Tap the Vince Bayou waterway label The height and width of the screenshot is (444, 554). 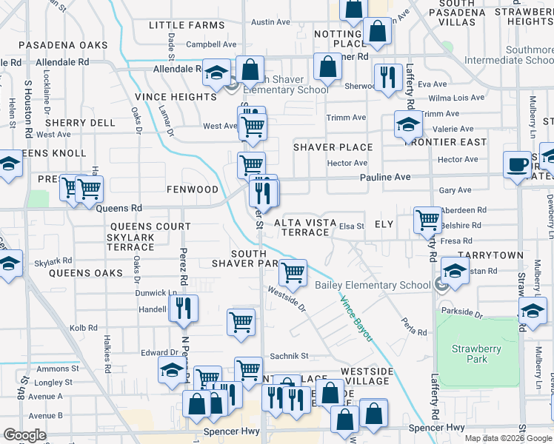pyautogui.click(x=356, y=318)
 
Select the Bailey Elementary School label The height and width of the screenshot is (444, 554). pyautogui.click(x=373, y=286)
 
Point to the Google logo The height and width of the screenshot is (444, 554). pyautogui.click(x=24, y=434)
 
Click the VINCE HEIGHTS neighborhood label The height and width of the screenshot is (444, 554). pyautogui.click(x=176, y=97)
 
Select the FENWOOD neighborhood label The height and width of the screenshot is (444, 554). pyautogui.click(x=192, y=189)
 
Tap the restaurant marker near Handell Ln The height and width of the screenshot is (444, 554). pyautogui.click(x=183, y=308)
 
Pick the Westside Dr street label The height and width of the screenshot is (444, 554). pyautogui.click(x=287, y=299)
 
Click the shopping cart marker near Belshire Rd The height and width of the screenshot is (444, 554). pyautogui.click(x=427, y=219)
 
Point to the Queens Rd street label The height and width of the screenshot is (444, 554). pyautogui.click(x=119, y=209)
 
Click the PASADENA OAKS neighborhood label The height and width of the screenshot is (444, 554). pyautogui.click(x=63, y=45)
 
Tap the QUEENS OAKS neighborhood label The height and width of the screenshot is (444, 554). pyautogui.click(x=85, y=273)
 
